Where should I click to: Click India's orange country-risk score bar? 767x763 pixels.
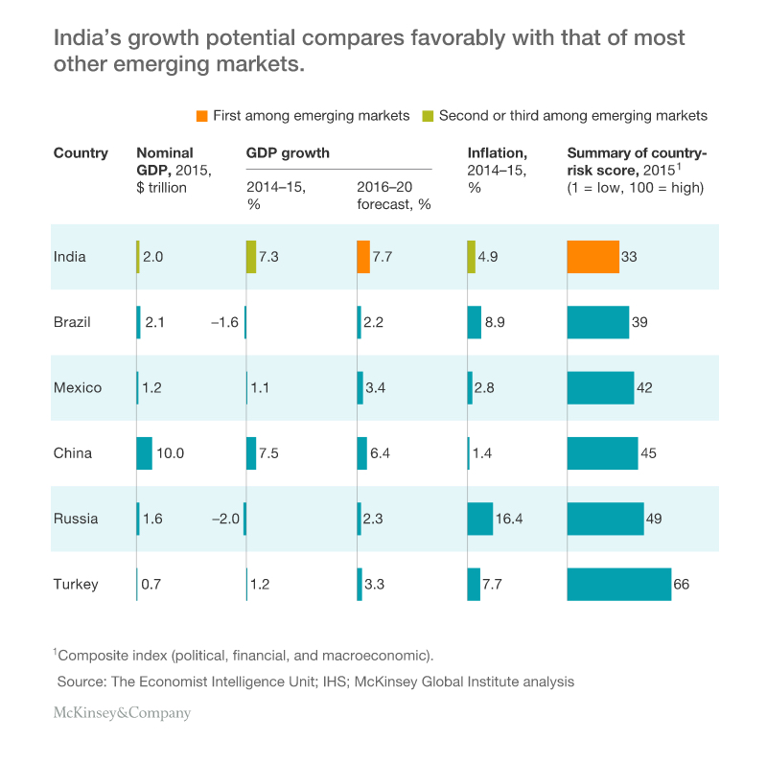point(593,257)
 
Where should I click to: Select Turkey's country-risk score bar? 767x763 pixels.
point(618,584)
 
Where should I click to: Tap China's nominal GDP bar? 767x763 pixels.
point(145,453)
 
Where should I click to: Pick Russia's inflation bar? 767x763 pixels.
point(479,519)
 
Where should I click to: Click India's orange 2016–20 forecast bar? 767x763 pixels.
point(363,257)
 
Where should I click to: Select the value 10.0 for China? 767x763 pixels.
point(172,453)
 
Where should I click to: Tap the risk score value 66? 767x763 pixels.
point(682,584)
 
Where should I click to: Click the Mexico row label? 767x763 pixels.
point(78,388)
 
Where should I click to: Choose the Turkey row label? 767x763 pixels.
point(76,584)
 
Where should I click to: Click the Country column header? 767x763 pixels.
point(81,153)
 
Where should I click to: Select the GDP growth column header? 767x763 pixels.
point(288,153)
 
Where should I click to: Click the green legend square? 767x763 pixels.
point(430,116)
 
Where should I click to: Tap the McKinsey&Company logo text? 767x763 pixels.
point(122,713)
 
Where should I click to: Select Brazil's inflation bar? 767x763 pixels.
point(474,322)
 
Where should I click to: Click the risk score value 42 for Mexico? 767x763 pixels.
point(646,388)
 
